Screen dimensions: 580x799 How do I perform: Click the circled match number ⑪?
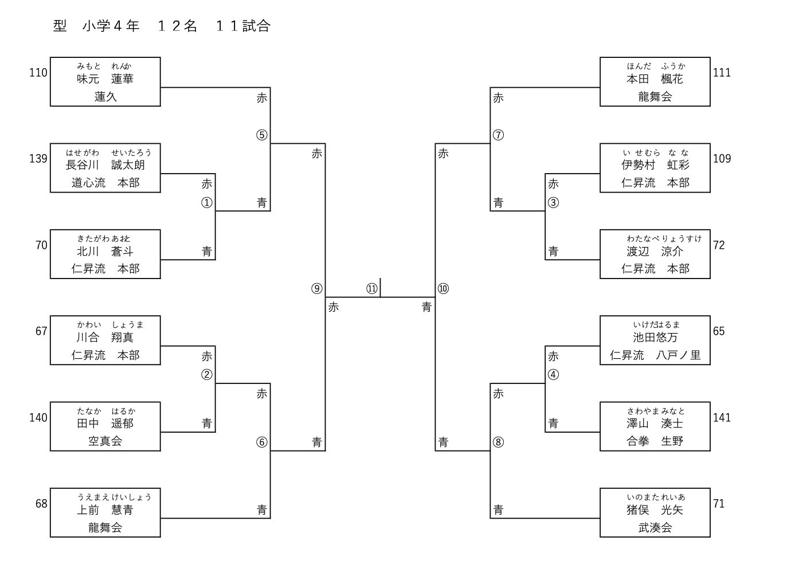(372, 288)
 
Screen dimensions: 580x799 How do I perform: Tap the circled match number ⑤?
(261, 135)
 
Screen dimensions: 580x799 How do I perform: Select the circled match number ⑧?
(498, 442)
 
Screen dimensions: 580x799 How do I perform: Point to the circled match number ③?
(553, 202)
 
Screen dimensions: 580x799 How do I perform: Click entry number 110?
(38, 73)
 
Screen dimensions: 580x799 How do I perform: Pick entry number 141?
(722, 418)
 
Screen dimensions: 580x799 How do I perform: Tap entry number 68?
(41, 504)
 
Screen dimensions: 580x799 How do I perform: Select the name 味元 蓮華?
(105, 79)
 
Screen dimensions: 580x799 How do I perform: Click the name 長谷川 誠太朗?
(105, 165)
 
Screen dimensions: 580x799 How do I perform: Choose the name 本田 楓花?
(655, 79)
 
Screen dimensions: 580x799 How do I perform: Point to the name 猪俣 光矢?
(655, 510)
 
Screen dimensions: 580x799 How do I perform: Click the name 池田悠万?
(655, 338)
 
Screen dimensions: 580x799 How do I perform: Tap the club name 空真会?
(105, 441)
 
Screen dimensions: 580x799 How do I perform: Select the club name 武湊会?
(655, 528)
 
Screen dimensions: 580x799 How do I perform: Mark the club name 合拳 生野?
(655, 441)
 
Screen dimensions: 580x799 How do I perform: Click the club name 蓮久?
(105, 97)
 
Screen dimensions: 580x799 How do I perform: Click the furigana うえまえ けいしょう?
(114, 497)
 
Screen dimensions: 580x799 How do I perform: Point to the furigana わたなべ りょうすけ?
(664, 238)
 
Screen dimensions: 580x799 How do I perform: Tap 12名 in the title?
(177, 26)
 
